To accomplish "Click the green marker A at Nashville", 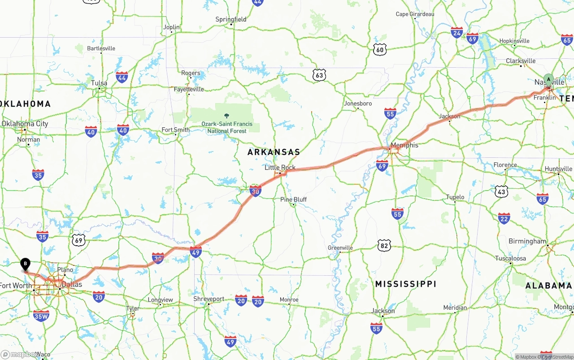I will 548,79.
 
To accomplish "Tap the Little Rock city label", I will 280,167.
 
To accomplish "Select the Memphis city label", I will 404,145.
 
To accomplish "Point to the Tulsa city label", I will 99,83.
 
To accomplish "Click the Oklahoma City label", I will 25,124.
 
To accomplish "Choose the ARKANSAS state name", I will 274,152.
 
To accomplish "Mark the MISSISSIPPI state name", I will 405,284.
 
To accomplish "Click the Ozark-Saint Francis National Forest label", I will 227,127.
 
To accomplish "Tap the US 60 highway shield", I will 380,50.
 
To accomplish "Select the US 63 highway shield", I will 319,75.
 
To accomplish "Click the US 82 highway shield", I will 384,245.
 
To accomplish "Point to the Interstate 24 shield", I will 457,32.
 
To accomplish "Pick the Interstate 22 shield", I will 504,218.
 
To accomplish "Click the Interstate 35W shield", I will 41,316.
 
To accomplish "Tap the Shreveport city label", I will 209,299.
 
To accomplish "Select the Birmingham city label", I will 527,241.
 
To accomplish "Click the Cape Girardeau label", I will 415,14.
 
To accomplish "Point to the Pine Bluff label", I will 293,200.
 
